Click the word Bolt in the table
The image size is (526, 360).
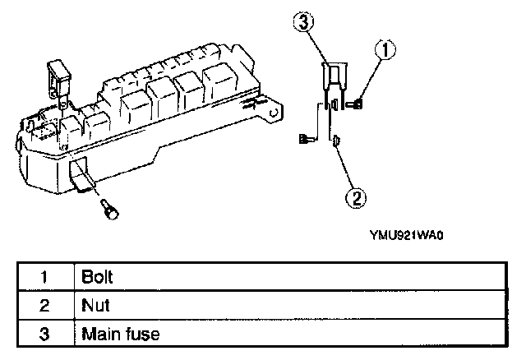[x=97, y=277]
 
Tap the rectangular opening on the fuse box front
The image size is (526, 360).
[x=82, y=174]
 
